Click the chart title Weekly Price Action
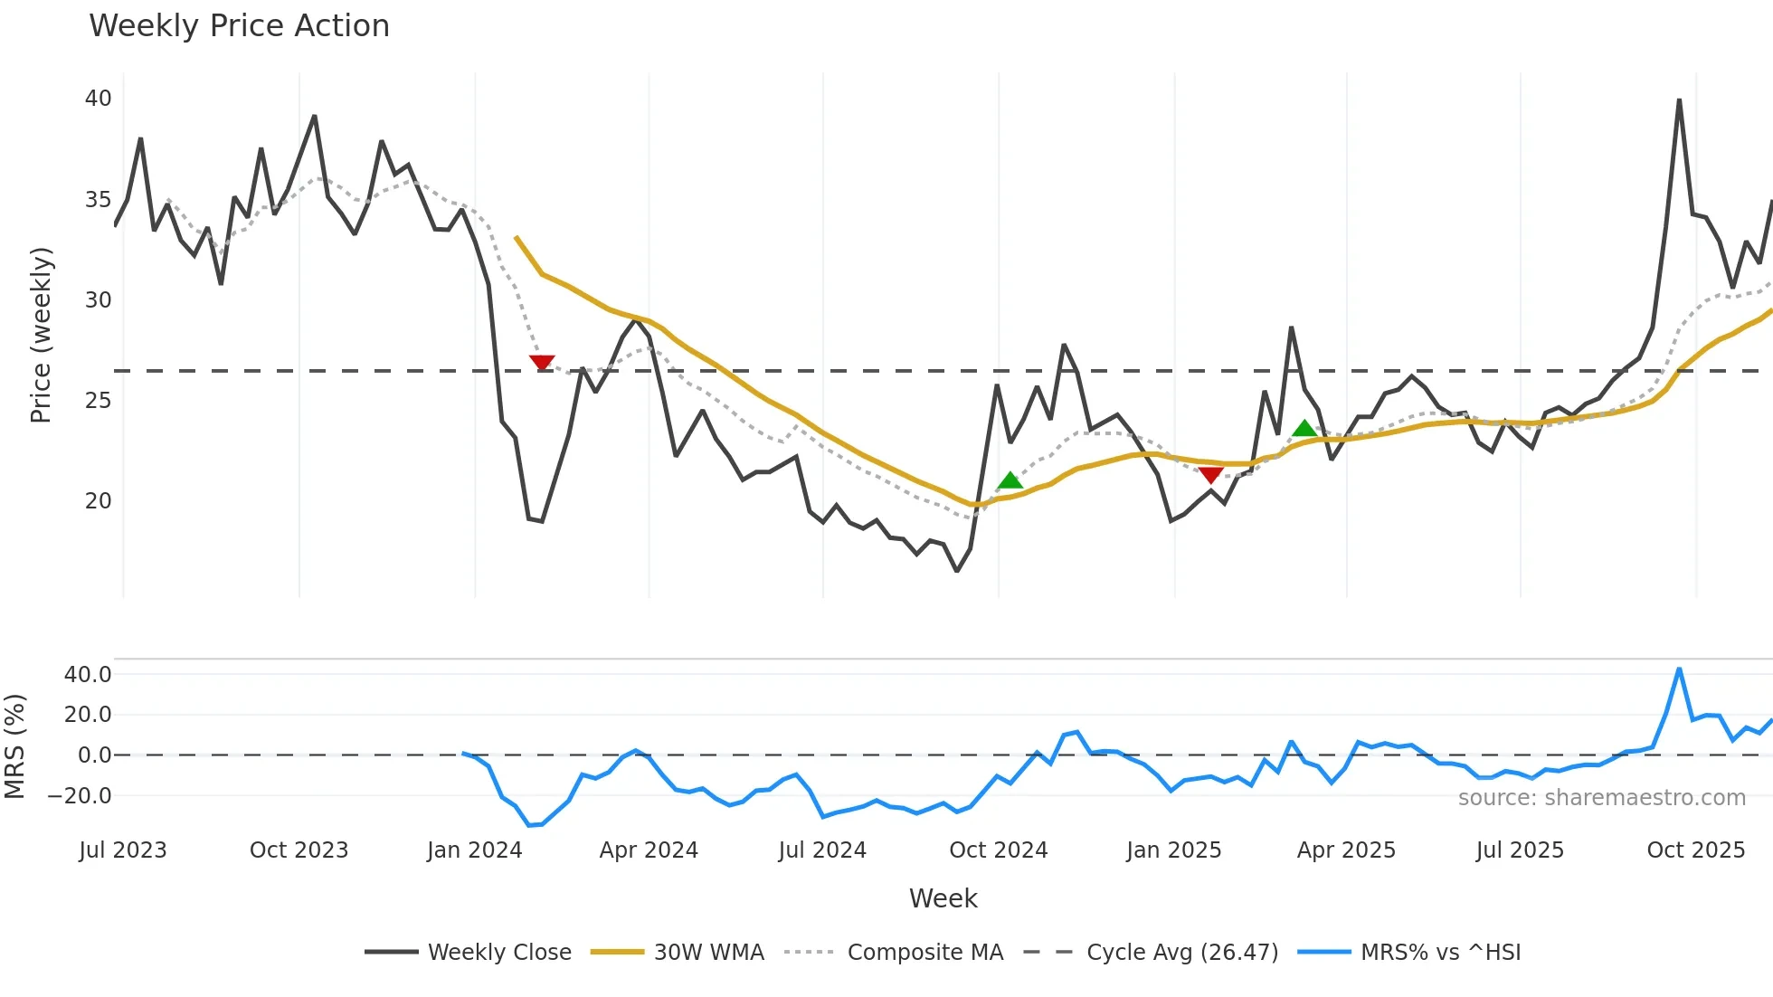point(239,26)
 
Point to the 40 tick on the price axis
point(98,99)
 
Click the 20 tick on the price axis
point(98,501)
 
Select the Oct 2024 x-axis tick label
point(998,850)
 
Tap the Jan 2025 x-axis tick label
point(1173,850)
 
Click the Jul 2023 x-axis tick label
point(123,850)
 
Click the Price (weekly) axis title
point(42,335)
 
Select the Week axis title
point(943,898)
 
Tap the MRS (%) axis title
point(15,746)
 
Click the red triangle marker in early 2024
point(542,363)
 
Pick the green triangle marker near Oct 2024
point(1010,480)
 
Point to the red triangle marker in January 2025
point(1210,475)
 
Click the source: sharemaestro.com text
point(1601,798)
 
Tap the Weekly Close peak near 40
point(1679,100)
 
